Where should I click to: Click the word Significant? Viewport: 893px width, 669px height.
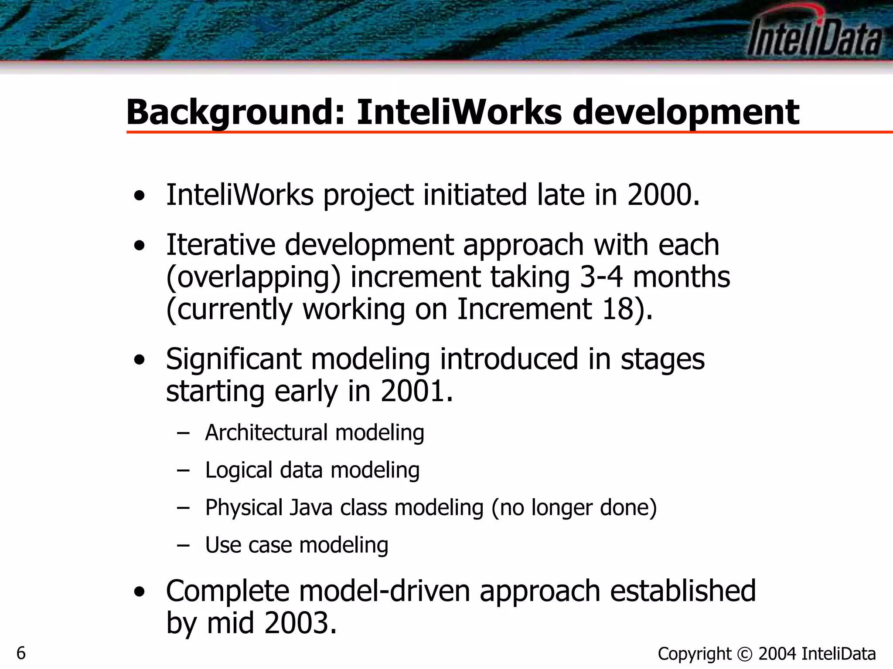click(234, 359)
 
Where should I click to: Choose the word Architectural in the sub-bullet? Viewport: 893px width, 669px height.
click(266, 433)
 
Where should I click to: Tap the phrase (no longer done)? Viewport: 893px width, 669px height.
click(574, 508)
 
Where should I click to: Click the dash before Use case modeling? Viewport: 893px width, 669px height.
click(183, 545)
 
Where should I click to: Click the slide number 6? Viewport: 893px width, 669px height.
click(21, 653)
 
